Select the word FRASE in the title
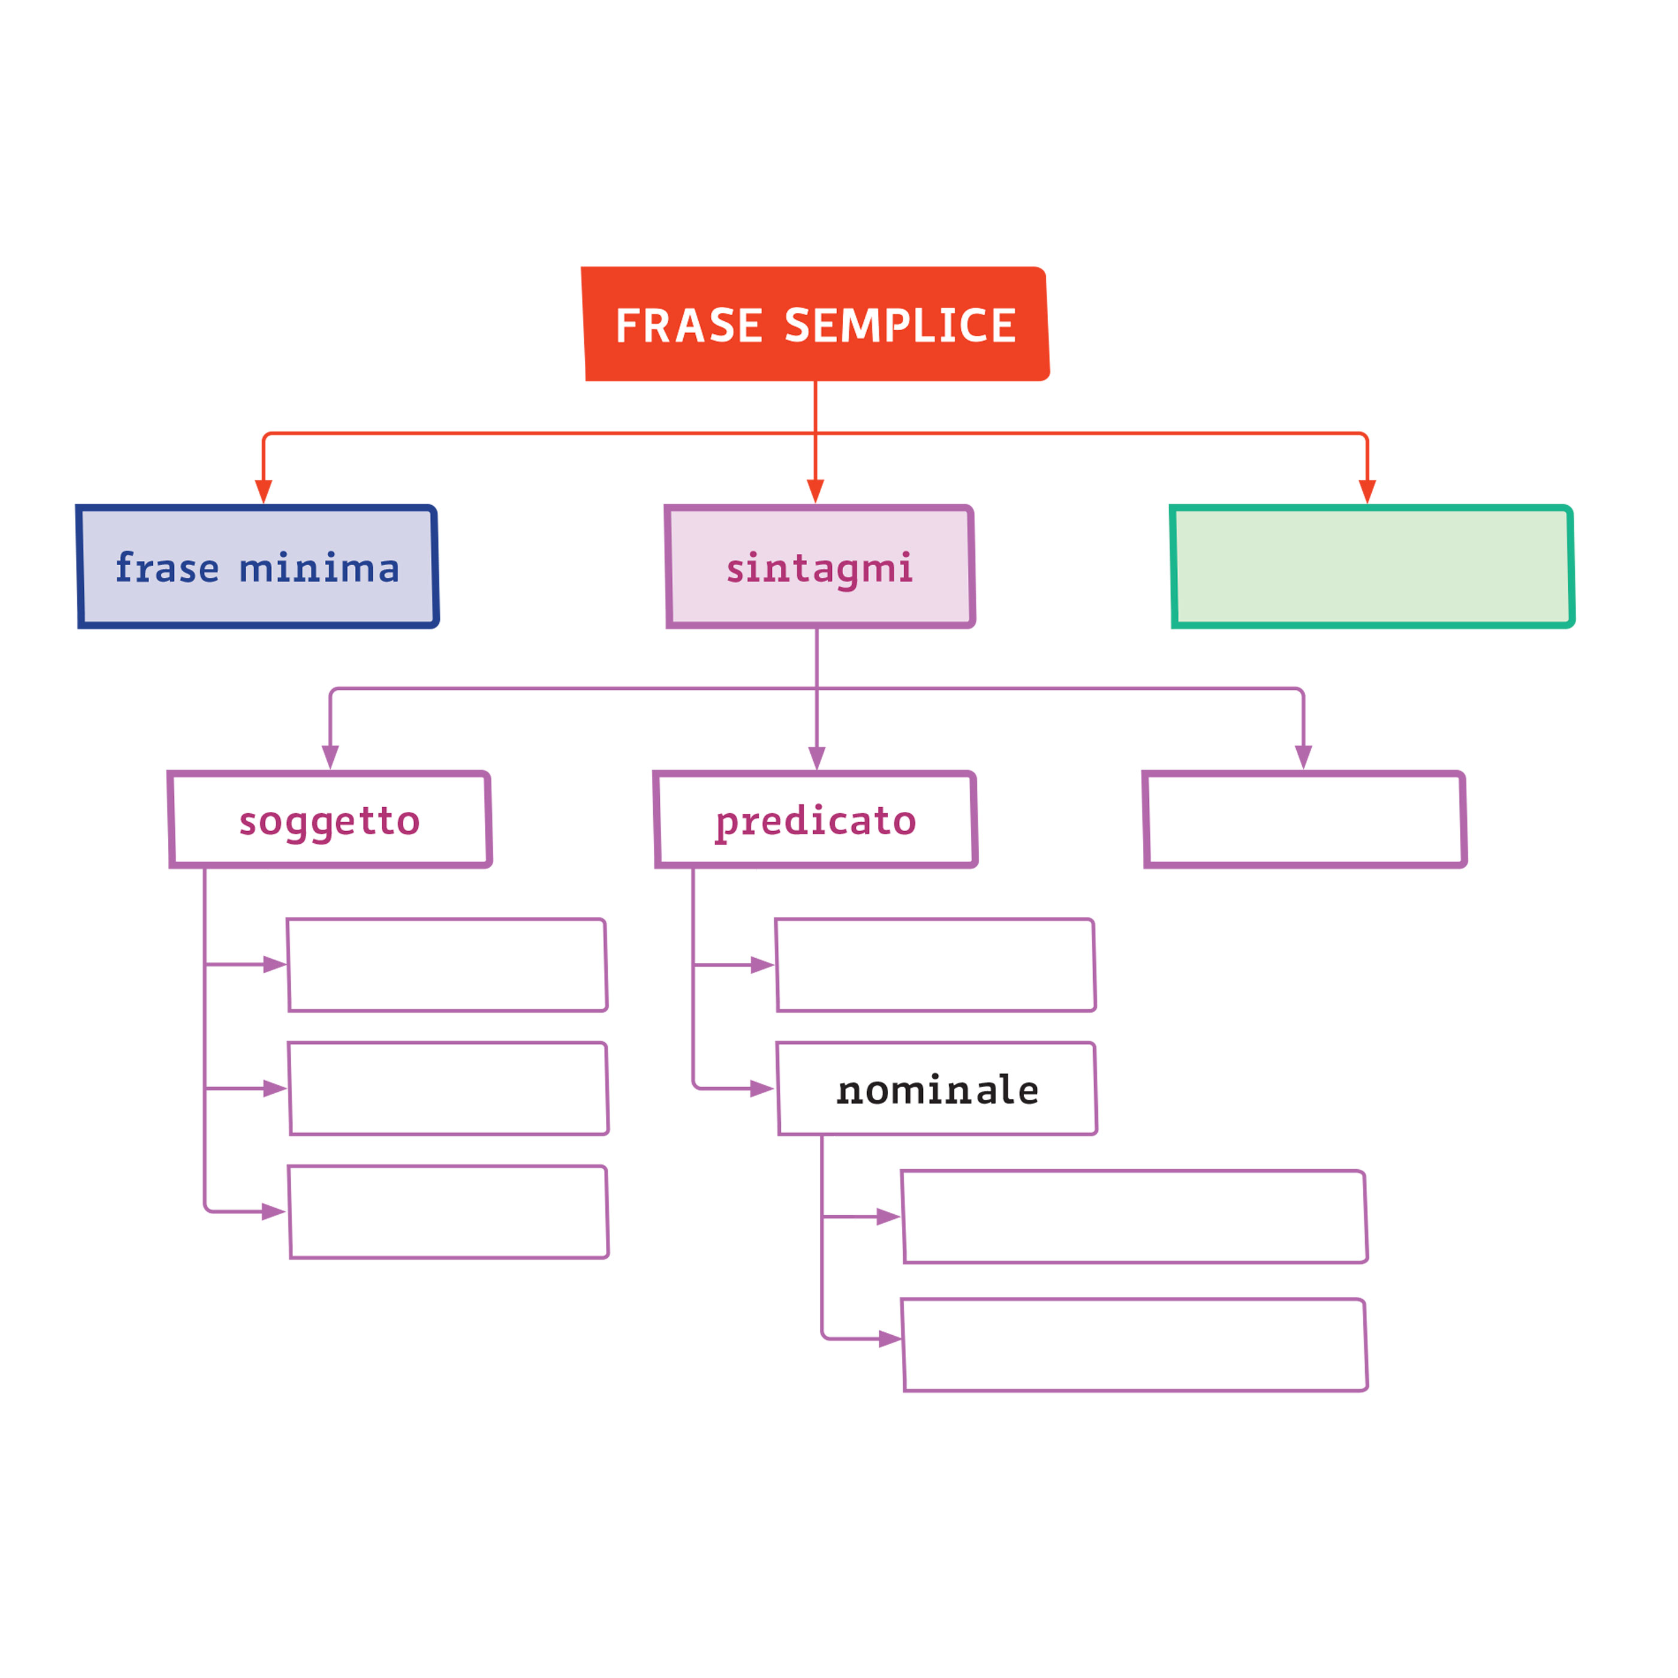[x=688, y=325]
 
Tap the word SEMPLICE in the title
[x=900, y=325]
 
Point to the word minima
[x=319, y=569]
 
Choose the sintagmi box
[x=820, y=566]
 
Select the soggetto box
[x=330, y=820]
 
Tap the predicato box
[x=816, y=820]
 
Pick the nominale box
[x=937, y=1089]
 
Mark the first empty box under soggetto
[x=447, y=965]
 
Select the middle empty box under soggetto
[x=448, y=1088]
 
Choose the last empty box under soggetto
[x=448, y=1212]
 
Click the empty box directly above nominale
[x=935, y=965]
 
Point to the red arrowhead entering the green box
[x=1367, y=491]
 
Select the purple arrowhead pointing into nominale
[x=761, y=1088]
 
